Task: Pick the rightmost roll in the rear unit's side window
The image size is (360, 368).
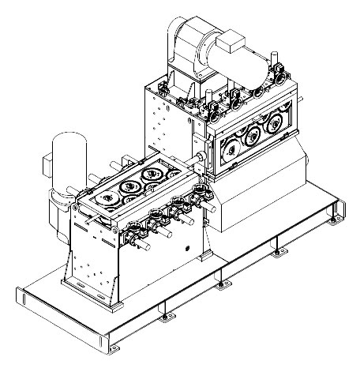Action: [x=276, y=125]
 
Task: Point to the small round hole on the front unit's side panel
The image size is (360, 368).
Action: [x=188, y=247]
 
